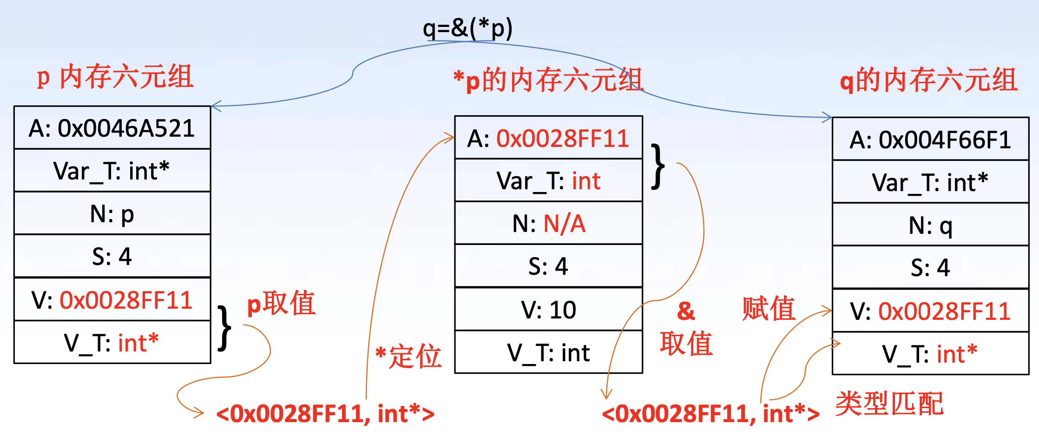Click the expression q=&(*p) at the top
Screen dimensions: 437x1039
pos(467,29)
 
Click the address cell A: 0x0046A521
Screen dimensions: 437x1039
pos(112,128)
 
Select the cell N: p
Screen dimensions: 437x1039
pos(112,214)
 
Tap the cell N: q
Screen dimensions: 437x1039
pos(930,225)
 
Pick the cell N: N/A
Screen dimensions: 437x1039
pos(548,224)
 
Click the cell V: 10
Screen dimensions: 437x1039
pos(548,310)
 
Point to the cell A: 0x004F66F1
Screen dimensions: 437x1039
pos(930,139)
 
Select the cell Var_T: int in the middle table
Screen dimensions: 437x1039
pos(548,181)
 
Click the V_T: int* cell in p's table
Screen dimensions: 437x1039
pos(112,343)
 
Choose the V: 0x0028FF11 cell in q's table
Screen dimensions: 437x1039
pos(930,311)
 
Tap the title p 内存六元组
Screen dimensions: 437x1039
pos(115,77)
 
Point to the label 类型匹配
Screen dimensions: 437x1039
pos(889,404)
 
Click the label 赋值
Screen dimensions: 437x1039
pos(769,309)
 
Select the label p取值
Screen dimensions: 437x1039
pos(281,303)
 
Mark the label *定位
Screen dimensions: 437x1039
pos(408,356)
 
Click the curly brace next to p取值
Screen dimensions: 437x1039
pos(225,328)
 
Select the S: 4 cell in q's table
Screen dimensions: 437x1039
pos(930,268)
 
